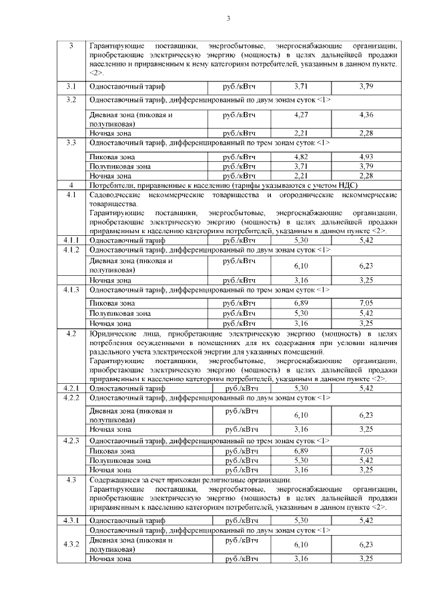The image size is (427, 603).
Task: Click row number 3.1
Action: click(71, 87)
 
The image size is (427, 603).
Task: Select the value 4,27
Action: click(300, 115)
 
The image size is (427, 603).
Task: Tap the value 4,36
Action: click(366, 115)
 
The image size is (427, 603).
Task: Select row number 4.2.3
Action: click(71, 441)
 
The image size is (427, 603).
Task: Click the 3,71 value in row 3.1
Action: click(300, 87)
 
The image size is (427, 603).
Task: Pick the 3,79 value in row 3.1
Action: click(366, 87)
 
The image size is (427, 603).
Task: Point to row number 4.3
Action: click(71, 479)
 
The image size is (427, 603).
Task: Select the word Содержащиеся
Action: click(115, 479)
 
